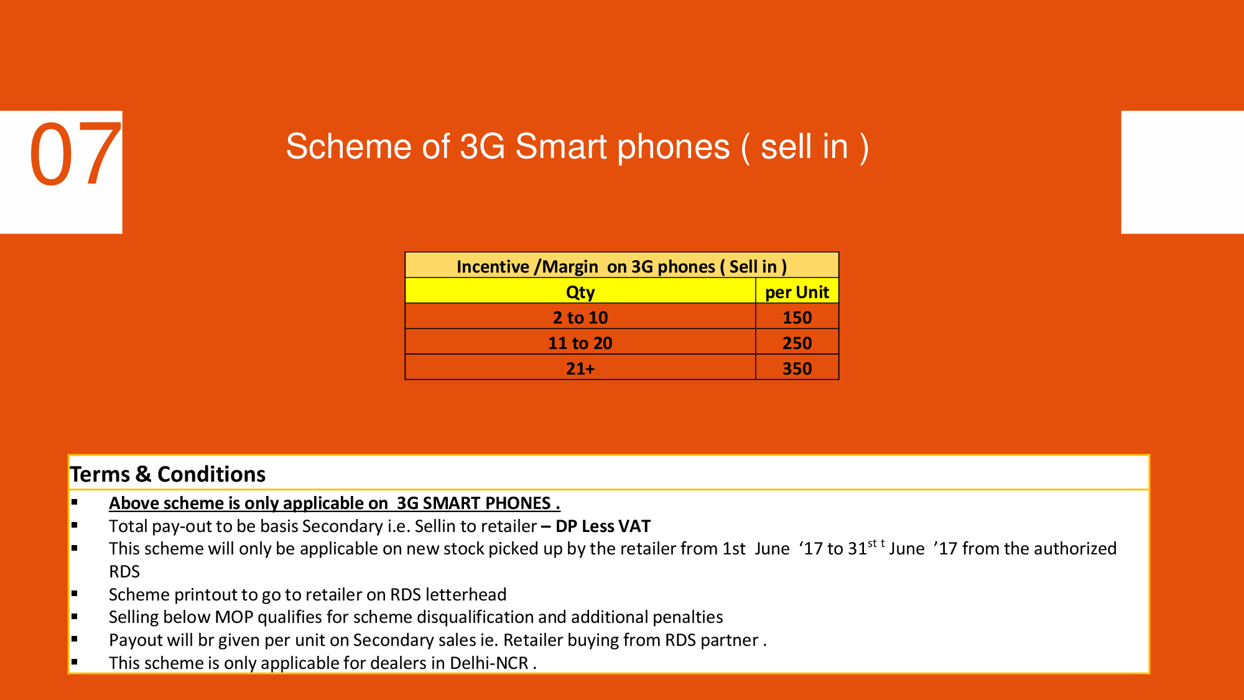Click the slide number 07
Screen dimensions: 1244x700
[75, 154]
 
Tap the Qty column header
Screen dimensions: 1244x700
[580, 292]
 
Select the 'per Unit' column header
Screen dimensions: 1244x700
[797, 292]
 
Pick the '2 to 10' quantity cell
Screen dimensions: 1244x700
[580, 317]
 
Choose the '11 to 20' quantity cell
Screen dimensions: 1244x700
[580, 343]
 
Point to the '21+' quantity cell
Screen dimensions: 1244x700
[580, 368]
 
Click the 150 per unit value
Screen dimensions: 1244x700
[797, 317]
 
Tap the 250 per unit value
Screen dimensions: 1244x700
[797, 343]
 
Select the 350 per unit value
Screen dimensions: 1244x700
[797, 368]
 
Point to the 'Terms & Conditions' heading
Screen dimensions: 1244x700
[168, 474]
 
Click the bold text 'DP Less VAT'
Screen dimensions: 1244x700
[603, 526]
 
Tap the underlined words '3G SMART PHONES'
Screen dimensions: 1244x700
[474, 503]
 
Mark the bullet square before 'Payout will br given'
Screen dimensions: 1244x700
[74, 638]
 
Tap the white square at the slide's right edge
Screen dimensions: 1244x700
[1182, 172]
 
